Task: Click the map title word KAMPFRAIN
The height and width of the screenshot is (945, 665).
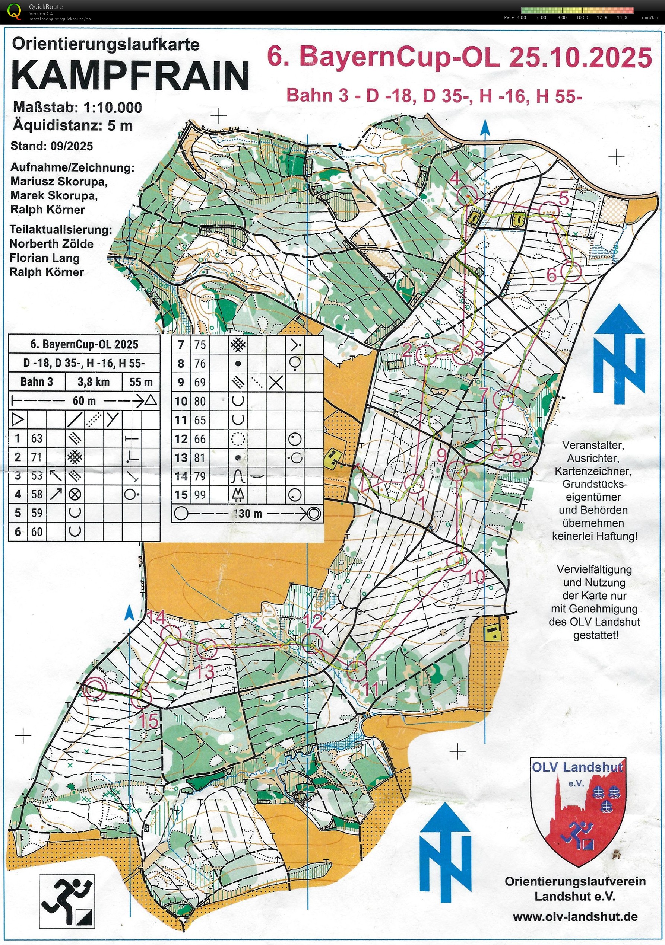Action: point(130,75)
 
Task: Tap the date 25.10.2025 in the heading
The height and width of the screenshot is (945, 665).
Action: point(580,57)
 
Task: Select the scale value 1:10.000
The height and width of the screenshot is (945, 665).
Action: point(113,108)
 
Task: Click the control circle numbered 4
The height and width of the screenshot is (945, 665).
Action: point(467,195)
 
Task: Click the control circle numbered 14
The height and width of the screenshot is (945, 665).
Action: point(171,635)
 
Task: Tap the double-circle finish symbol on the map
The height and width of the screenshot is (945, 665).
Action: point(95,687)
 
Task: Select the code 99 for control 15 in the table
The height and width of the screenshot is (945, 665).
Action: point(200,495)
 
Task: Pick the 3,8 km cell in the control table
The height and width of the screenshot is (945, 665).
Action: point(94,382)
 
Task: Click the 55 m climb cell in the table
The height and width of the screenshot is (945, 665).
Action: point(141,382)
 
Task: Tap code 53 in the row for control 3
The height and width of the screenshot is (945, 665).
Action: point(37,475)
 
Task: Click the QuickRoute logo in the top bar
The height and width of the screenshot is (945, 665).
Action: point(15,12)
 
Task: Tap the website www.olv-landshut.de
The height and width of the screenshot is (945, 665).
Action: point(575,917)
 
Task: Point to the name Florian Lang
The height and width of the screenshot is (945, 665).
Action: point(44,258)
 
